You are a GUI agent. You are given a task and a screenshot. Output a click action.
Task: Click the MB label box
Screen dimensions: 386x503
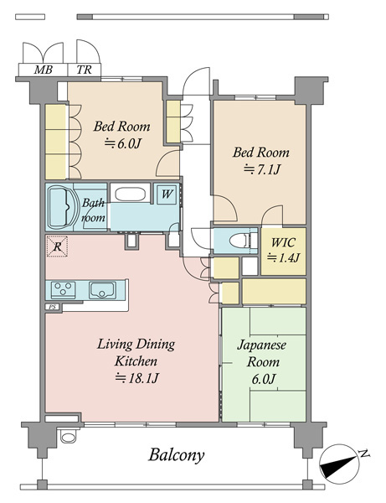tap(44, 70)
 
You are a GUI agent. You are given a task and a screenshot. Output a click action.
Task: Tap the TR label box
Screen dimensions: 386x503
tap(85, 70)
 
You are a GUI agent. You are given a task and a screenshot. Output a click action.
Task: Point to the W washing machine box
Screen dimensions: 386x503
tap(167, 194)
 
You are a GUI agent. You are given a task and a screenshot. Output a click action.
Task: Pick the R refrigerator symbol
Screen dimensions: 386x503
tap(57, 246)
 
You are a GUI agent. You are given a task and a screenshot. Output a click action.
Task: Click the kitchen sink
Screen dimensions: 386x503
tap(102, 290)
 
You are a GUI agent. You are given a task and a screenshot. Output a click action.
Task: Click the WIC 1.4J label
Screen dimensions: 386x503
tap(283, 250)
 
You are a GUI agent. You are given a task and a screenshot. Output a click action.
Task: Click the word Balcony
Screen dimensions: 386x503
tap(176, 455)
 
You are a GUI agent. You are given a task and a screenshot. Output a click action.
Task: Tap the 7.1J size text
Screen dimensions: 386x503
tap(262, 169)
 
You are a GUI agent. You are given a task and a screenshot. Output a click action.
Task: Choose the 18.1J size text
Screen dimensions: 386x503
tap(136, 378)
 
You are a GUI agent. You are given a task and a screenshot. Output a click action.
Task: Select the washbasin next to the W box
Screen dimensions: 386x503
tap(130, 194)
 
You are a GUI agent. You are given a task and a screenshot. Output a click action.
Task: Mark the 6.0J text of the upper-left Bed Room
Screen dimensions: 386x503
tap(122, 143)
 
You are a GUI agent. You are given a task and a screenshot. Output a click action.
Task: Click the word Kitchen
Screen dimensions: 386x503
tap(136, 361)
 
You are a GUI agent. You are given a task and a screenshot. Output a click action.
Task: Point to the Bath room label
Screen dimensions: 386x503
tap(93, 210)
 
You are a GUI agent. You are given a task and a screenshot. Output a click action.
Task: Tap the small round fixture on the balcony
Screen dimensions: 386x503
tap(68, 437)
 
